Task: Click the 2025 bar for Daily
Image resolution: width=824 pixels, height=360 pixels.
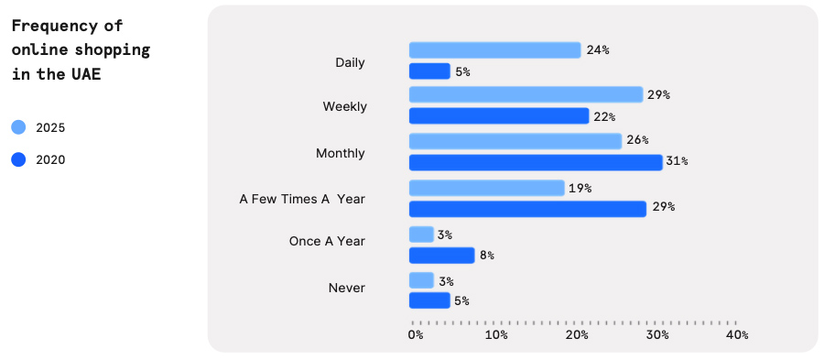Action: click(x=494, y=49)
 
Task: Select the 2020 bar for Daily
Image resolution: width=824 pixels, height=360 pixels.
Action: click(x=429, y=71)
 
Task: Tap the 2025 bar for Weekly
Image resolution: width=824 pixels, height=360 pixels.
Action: click(x=526, y=94)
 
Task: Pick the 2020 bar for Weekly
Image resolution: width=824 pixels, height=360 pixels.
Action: click(x=499, y=116)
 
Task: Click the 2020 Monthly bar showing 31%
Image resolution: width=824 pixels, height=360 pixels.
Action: click(x=536, y=162)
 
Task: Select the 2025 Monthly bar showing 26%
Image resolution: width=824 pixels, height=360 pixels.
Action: click(x=515, y=140)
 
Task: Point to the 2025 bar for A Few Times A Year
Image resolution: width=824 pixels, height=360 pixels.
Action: click(x=486, y=188)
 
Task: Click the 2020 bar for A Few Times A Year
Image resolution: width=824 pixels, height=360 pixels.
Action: click(x=527, y=209)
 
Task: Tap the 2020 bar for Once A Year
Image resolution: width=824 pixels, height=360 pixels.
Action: click(x=441, y=256)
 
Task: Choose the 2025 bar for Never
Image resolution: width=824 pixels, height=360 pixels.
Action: click(x=421, y=280)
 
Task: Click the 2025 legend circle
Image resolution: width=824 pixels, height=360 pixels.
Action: click(x=19, y=128)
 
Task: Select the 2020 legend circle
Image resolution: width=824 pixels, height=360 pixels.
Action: click(x=19, y=160)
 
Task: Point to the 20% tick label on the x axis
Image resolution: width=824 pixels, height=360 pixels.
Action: click(x=577, y=335)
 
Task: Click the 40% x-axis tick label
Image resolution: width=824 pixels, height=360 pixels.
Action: click(x=737, y=335)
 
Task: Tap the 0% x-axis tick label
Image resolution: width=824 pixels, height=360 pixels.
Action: click(x=416, y=335)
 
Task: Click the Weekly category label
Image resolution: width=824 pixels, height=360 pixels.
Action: click(x=344, y=106)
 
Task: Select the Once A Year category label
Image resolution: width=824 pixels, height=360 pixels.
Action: click(x=327, y=241)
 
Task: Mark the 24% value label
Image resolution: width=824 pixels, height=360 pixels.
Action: click(x=598, y=49)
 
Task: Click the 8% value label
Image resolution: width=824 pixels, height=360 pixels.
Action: click(x=487, y=256)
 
